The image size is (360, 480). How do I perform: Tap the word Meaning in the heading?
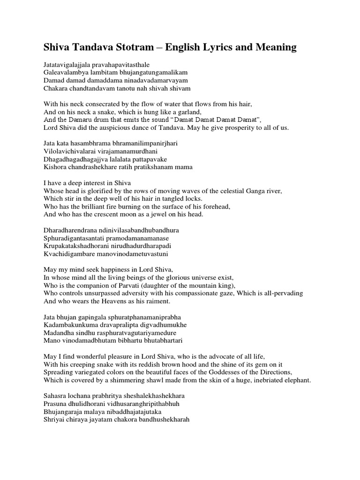coord(274,47)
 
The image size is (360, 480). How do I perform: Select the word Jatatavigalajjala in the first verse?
coord(69,64)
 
